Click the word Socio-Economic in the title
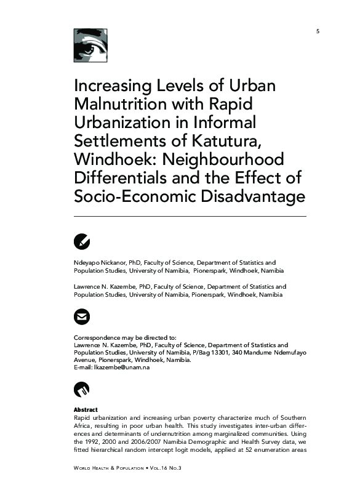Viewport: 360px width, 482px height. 137,196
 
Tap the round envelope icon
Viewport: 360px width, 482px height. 82,317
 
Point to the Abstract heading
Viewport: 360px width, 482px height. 86,410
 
